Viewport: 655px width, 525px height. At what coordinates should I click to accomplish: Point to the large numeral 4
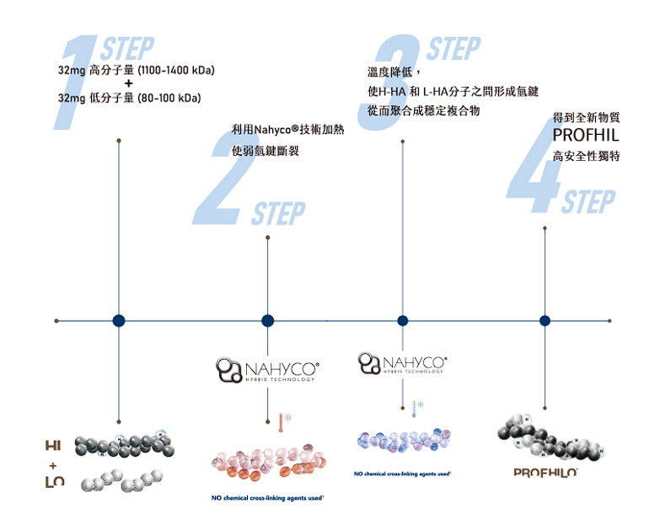click(x=536, y=169)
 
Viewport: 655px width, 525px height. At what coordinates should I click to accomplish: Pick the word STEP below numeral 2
click(x=278, y=214)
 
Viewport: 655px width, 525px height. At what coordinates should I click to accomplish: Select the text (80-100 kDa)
click(x=169, y=98)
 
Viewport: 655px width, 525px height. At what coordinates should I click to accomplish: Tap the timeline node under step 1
click(x=119, y=320)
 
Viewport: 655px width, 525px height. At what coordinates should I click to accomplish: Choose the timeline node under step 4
click(x=545, y=320)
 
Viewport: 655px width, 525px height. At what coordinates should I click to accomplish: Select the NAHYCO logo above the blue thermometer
click(x=402, y=362)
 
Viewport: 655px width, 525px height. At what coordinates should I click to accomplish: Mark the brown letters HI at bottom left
click(x=54, y=445)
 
